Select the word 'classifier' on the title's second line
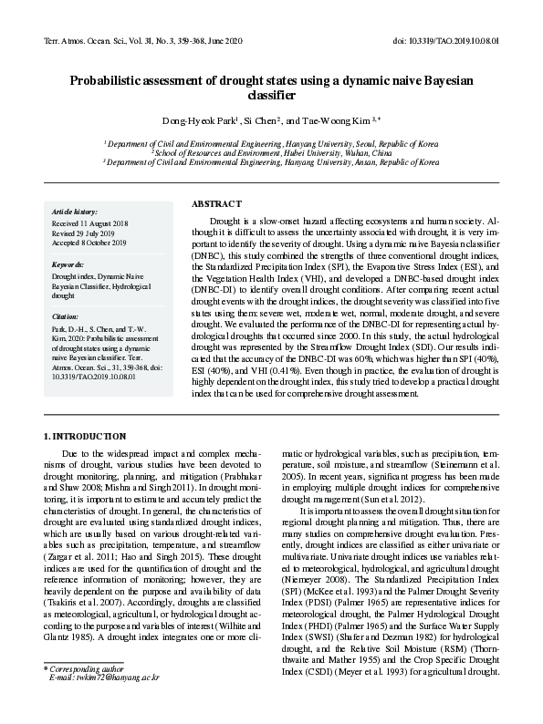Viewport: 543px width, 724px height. click(x=271, y=95)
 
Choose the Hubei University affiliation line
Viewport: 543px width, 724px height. click(x=271, y=153)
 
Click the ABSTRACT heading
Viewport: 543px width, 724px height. click(x=216, y=203)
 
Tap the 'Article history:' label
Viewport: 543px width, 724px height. click(x=75, y=212)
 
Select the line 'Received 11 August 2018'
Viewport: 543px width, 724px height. click(x=90, y=223)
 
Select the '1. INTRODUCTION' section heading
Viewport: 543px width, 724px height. click(x=86, y=438)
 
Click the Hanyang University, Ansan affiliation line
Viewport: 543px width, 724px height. click(x=271, y=162)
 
